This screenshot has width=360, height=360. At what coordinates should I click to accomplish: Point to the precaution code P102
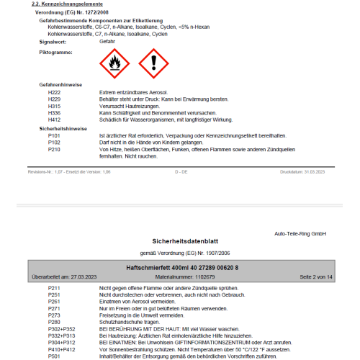pos(54,142)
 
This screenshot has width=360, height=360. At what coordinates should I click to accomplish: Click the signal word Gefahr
pos(107,42)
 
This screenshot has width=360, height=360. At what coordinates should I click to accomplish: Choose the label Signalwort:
pos(54,42)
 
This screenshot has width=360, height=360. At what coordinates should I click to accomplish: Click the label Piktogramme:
pos(55,53)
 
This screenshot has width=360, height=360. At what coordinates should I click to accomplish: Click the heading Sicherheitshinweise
pos(62,127)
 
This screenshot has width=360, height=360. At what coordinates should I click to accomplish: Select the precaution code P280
pos(54,322)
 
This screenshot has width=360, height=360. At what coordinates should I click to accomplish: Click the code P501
pos(54,356)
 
